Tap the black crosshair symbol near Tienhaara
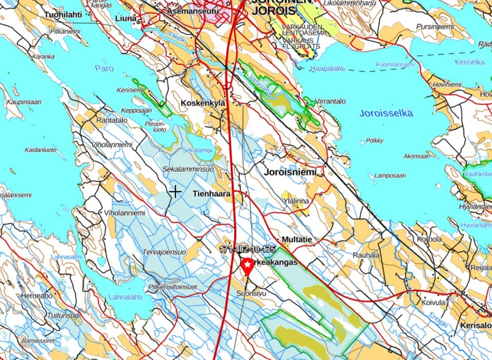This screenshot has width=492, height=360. tap(175, 192)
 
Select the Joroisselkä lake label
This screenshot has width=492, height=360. tap(386, 113)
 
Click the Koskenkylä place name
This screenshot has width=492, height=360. tap(203, 103)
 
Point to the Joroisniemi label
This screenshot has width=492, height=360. tap(290, 172)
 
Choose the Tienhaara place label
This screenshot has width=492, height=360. tap(212, 194)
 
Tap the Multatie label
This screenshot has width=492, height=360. tap(297, 239)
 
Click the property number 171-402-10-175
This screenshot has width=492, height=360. tap(248, 249)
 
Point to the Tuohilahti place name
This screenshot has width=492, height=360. tap(63, 14)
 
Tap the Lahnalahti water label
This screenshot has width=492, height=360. tap(125, 296)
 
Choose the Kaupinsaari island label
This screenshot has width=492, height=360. tap(23, 102)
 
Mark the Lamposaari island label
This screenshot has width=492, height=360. tap(390, 175)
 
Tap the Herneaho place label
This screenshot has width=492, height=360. tap(37, 296)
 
